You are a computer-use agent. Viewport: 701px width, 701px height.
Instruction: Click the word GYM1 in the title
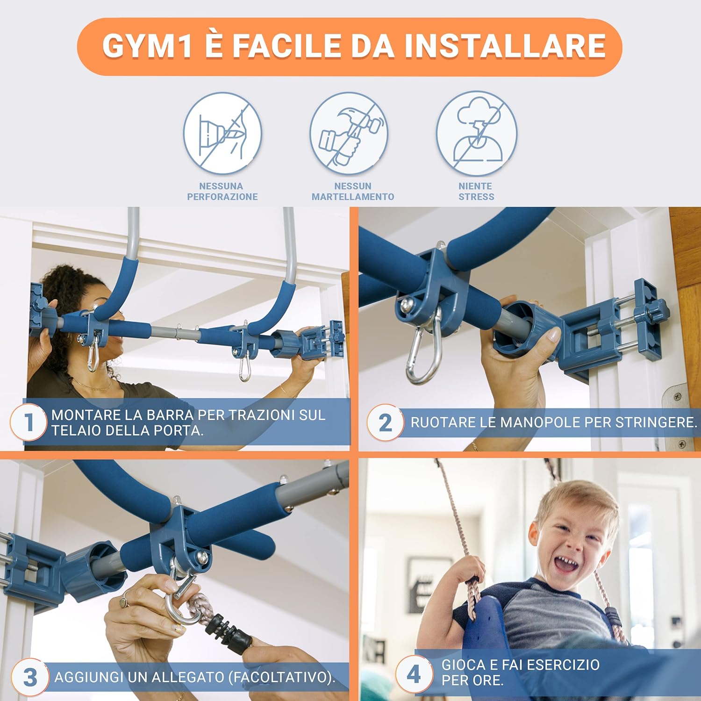coord(147,46)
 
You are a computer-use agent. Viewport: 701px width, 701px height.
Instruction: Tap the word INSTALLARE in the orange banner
coord(505,46)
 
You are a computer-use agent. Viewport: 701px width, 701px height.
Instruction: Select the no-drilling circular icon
coord(222,134)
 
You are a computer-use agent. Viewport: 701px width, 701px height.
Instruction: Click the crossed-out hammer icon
coord(349,134)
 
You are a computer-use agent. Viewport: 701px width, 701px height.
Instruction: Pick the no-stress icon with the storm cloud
coord(476,134)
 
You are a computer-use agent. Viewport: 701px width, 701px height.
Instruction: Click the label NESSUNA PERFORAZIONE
coord(222,192)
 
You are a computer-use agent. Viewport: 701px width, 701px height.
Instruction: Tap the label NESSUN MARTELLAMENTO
coord(353,192)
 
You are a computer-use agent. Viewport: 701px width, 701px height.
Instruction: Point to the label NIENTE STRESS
coord(476,192)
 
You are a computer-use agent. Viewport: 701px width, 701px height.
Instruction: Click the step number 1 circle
coord(29,422)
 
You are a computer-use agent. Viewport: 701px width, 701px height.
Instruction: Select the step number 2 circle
coord(385,422)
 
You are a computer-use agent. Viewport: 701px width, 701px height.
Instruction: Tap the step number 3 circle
coord(30,677)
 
